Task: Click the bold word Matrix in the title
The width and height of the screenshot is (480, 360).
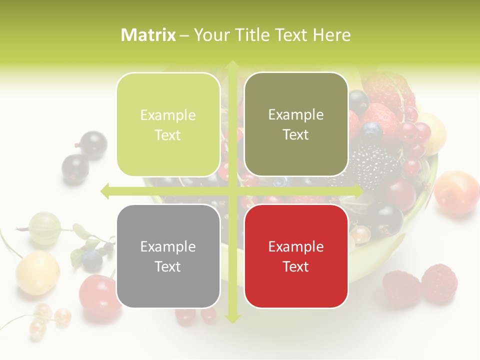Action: (148, 35)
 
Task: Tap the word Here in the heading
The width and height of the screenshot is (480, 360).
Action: (331, 35)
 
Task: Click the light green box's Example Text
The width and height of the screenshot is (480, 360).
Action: (168, 125)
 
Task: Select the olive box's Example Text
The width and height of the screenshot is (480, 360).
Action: (296, 124)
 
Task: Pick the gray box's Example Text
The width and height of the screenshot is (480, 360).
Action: (168, 256)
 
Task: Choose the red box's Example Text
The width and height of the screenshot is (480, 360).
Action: (296, 256)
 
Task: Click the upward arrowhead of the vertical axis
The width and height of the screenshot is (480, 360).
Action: (232, 65)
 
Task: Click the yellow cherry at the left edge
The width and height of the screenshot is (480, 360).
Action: (37, 272)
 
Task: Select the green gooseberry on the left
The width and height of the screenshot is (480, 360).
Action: (45, 228)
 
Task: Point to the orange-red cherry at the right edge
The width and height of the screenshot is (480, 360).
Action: (456, 192)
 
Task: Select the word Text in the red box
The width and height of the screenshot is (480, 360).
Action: (296, 266)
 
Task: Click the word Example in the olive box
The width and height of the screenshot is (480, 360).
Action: (296, 115)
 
